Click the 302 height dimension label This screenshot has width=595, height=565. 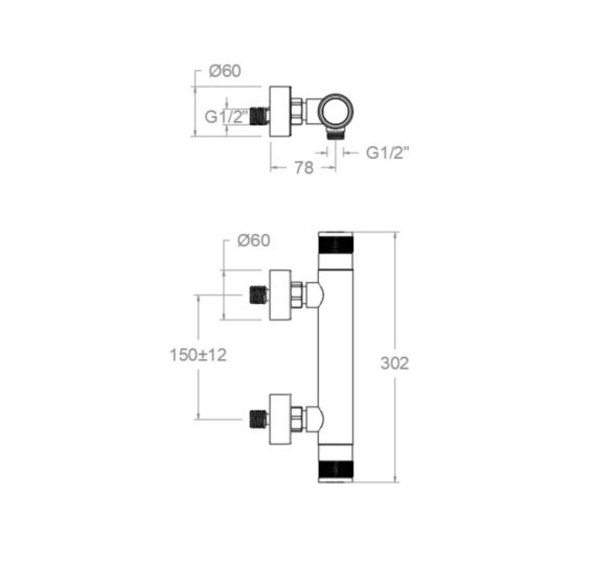click(x=395, y=363)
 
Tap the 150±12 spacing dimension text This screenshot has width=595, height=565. click(x=198, y=355)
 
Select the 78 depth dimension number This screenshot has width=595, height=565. click(x=304, y=168)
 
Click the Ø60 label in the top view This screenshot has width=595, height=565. click(x=225, y=71)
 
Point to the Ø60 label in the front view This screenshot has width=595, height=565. click(x=254, y=241)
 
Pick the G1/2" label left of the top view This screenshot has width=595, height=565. click(x=227, y=116)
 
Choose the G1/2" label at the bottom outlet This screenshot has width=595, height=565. click(x=388, y=153)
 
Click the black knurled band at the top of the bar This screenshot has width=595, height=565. click(x=335, y=244)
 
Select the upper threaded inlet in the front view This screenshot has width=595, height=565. click(x=259, y=295)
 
